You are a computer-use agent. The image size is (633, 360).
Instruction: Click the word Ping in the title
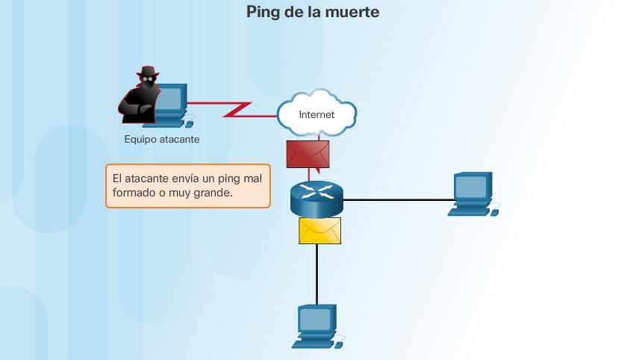[x=264, y=13]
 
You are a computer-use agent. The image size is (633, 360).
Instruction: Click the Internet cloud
[x=316, y=114]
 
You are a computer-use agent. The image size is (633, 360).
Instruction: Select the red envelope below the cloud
[x=308, y=154]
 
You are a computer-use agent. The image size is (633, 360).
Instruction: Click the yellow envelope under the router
[x=319, y=230]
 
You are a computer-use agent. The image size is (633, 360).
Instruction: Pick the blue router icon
[x=316, y=196]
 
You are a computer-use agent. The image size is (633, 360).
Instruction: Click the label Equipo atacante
[x=162, y=140]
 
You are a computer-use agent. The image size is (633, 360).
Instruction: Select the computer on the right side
[x=472, y=192]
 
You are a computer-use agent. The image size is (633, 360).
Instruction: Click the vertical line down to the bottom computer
[x=316, y=273]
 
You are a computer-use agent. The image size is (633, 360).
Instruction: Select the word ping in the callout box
[x=230, y=179]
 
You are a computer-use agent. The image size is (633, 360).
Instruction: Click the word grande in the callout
[x=213, y=193]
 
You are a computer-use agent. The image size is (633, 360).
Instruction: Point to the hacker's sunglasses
[x=147, y=80]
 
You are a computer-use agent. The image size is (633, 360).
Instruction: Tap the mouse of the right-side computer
[x=494, y=212]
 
